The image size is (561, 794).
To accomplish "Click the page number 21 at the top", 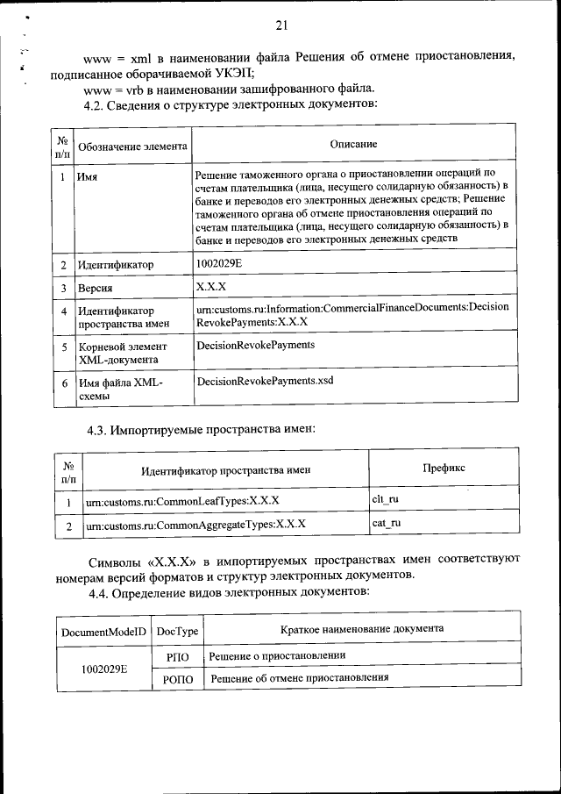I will (280, 24).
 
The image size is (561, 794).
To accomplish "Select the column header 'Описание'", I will (353, 144).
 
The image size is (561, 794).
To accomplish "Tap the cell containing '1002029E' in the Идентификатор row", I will (220, 262).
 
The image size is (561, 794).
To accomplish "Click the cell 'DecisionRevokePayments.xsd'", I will (265, 381).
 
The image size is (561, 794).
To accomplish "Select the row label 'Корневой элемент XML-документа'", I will (120, 353).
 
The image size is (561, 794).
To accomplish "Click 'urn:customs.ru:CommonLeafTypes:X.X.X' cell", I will (181, 501).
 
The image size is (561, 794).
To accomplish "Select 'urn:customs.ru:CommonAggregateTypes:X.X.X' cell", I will (195, 526).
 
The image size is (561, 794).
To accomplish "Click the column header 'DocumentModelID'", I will (103, 631).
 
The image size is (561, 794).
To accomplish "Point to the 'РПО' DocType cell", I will (177, 656).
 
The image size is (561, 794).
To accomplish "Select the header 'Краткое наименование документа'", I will (361, 629).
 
